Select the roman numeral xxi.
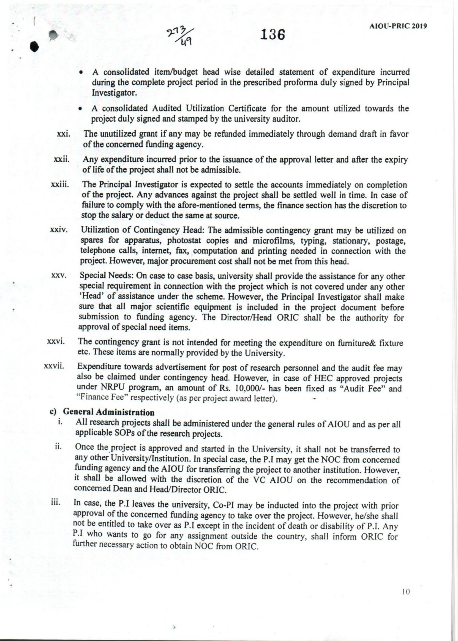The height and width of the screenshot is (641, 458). pos(63,134)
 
